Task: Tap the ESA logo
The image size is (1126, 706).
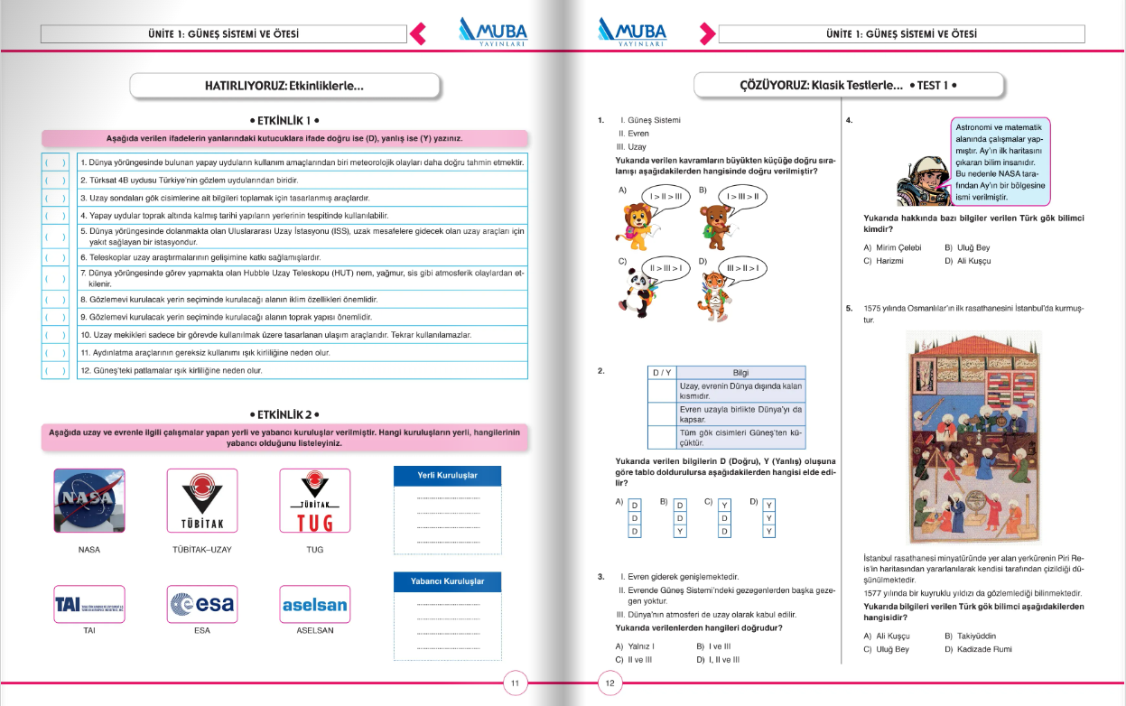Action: [x=202, y=604]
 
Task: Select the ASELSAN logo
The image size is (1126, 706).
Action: [x=314, y=604]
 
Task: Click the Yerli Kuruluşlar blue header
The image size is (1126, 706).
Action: [x=447, y=476]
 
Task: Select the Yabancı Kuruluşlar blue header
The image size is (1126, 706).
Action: [x=447, y=581]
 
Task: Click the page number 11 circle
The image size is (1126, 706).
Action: [x=515, y=683]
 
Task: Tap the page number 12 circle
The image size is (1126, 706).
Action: [x=610, y=683]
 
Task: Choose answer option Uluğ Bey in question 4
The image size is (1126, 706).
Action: [x=960, y=247]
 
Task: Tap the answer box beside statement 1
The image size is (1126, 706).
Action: [x=54, y=163]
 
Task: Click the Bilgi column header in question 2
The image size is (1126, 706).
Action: [x=740, y=373]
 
